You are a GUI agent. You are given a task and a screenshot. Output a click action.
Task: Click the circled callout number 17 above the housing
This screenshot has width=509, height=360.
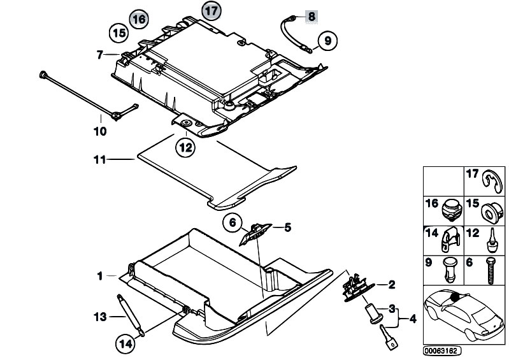(210, 11)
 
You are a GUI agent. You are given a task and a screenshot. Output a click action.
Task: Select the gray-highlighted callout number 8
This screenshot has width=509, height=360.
(310, 16)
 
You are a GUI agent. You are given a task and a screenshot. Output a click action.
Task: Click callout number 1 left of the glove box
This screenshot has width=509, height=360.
(99, 276)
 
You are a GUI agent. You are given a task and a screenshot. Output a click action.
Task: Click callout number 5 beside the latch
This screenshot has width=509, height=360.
(287, 226)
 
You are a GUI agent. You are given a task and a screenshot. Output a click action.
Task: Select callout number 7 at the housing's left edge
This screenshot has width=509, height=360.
(99, 55)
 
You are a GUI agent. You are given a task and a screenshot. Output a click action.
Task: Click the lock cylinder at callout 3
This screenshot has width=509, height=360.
(371, 313)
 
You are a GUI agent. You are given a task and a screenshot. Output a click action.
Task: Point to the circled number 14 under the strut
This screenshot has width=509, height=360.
(125, 343)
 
